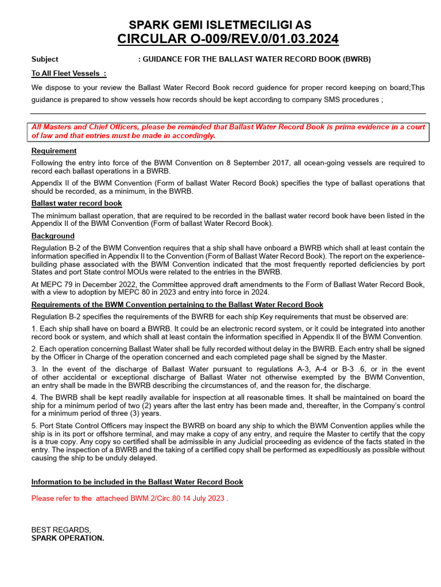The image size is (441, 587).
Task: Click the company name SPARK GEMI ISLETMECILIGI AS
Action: (220, 25)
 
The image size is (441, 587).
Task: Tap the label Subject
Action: (45, 59)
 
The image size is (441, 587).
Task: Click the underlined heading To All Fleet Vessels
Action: (68, 73)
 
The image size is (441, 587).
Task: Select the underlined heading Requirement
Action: (54, 151)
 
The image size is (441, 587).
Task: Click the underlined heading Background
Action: (53, 236)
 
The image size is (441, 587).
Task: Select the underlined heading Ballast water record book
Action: (76, 204)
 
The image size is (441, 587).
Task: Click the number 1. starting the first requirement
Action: (34, 328)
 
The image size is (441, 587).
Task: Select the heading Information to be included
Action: (137, 482)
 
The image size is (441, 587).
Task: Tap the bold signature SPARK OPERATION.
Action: (68, 538)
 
